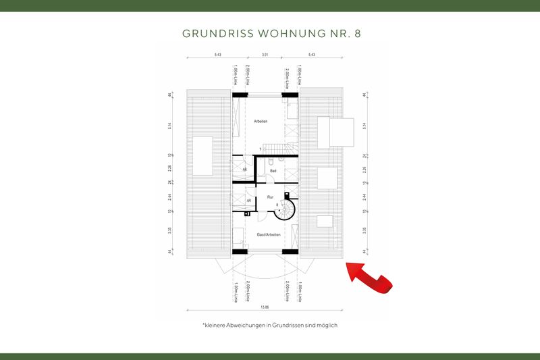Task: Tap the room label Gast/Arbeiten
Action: point(268,234)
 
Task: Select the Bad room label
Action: point(273,171)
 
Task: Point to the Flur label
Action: point(269,197)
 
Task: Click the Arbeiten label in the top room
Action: point(261,121)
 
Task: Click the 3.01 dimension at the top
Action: point(265,54)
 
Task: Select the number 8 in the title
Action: point(350,32)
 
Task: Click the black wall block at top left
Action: point(240,95)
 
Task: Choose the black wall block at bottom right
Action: point(290,251)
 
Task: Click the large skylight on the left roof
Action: point(202,147)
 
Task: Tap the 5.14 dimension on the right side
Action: point(364,125)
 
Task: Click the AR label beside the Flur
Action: point(249,201)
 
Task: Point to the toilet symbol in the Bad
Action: point(269,162)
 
